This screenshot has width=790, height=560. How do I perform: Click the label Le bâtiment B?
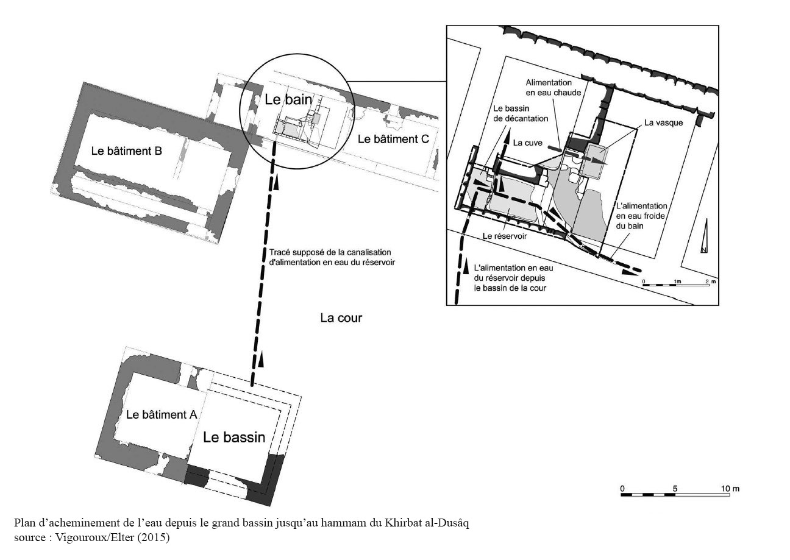pyautogui.click(x=126, y=151)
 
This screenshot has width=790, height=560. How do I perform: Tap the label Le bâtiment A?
pyautogui.click(x=162, y=415)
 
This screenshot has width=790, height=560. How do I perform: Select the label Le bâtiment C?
pyautogui.click(x=393, y=139)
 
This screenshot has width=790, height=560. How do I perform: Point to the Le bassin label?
pyautogui.click(x=234, y=438)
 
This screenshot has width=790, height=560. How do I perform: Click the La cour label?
pyautogui.click(x=341, y=318)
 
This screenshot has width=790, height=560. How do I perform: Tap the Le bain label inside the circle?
pyautogui.click(x=288, y=99)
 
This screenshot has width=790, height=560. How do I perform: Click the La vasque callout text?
pyautogui.click(x=663, y=122)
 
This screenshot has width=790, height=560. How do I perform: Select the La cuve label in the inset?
pyautogui.click(x=528, y=143)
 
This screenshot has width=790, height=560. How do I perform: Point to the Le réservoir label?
pyautogui.click(x=505, y=236)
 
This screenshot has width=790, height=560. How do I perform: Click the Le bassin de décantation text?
pyautogui.click(x=521, y=113)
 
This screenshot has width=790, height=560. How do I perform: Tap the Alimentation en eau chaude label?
pyautogui.click(x=553, y=88)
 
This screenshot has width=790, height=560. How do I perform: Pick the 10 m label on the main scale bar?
pyautogui.click(x=730, y=489)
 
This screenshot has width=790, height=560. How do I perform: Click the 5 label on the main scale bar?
pyautogui.click(x=675, y=489)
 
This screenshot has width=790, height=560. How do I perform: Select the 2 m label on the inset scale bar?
pyautogui.click(x=711, y=282)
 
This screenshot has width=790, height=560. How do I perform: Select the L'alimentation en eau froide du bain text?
pyautogui.click(x=641, y=216)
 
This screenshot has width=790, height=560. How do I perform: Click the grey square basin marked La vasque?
pyautogui.click(x=596, y=161)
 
